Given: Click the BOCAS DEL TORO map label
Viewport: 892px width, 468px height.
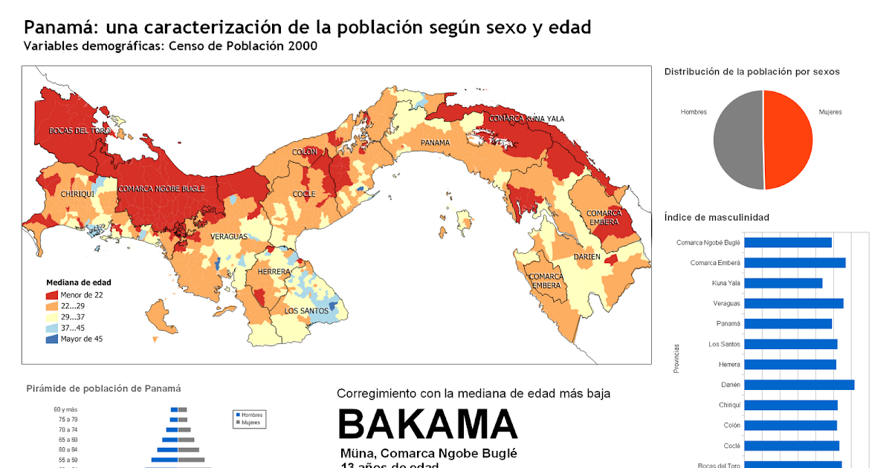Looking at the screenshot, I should pyautogui.click(x=80, y=131).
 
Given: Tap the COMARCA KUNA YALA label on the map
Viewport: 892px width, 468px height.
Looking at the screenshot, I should pyautogui.click(x=526, y=119).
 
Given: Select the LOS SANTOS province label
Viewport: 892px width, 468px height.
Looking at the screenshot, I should pyautogui.click(x=306, y=311).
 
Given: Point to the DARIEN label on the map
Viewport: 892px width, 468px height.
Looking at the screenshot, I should pyautogui.click(x=586, y=257).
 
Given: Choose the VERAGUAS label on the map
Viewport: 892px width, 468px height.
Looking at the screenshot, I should pyautogui.click(x=229, y=236).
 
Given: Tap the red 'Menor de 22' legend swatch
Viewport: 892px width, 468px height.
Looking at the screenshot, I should pyautogui.click(x=51, y=295).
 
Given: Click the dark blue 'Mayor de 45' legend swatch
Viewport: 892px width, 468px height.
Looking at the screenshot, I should pyautogui.click(x=51, y=339).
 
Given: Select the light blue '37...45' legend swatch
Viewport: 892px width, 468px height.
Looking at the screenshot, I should pyautogui.click(x=51, y=328).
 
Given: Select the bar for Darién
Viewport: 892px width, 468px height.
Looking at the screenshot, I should pyautogui.click(x=799, y=385).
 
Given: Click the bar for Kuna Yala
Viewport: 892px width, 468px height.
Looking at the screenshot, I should pyautogui.click(x=783, y=283).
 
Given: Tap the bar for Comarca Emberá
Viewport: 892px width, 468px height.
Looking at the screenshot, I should pyautogui.click(x=795, y=262).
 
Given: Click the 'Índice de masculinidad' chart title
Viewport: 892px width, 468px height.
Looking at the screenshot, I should pyautogui.click(x=716, y=217).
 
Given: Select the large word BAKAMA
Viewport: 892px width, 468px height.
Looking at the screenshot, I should pyautogui.click(x=427, y=425).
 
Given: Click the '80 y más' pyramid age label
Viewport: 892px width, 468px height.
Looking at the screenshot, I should pyautogui.click(x=65, y=409).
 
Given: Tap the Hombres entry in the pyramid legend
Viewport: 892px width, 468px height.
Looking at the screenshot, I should pyautogui.click(x=249, y=415).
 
